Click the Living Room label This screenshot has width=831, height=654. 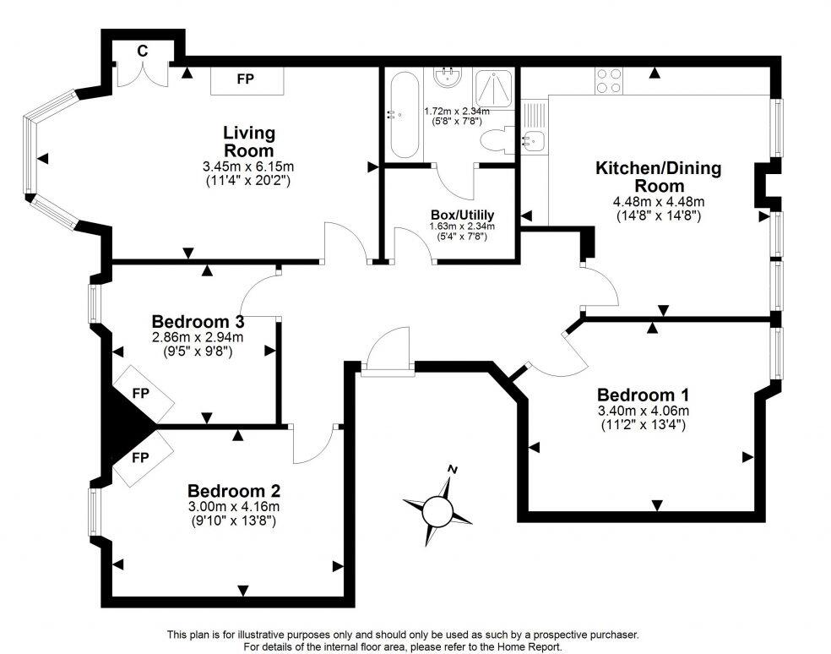tap(249, 141)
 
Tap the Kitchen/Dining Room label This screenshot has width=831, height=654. tap(659, 177)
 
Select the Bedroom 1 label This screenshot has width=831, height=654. tap(643, 395)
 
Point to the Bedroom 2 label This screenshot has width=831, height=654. tap(233, 491)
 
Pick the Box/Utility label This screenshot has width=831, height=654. tap(461, 215)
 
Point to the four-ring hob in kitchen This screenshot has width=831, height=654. tap(606, 80)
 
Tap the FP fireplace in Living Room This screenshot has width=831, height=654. tap(246, 80)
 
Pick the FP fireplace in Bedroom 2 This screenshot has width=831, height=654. tap(140, 459)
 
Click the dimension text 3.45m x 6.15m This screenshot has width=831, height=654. tap(248, 166)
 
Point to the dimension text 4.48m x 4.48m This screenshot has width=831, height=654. tap(659, 202)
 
